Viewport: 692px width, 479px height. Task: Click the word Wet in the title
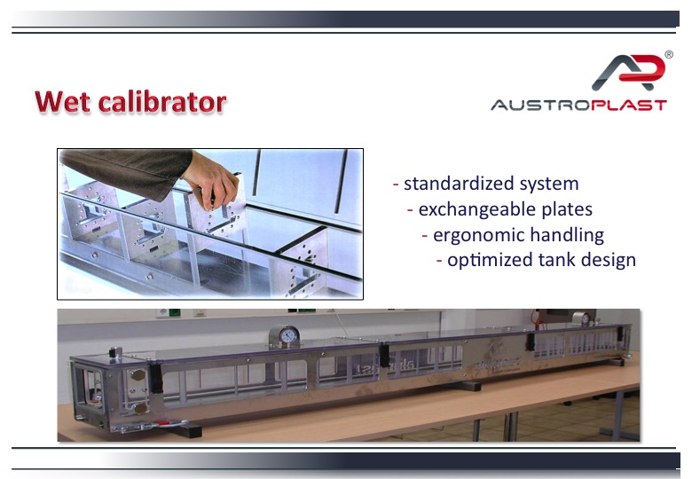[x=62, y=101]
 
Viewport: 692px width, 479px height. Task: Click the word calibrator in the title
[x=162, y=101]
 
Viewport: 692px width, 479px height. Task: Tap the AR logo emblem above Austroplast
[x=628, y=72]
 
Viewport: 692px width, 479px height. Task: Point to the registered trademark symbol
[x=669, y=54]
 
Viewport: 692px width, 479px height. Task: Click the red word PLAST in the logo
[x=629, y=105]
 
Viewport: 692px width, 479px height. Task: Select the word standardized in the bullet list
[x=459, y=184]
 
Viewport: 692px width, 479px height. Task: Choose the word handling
[x=567, y=235]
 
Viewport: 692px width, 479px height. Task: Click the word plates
[x=567, y=209]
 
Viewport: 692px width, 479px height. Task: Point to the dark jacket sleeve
[x=128, y=169]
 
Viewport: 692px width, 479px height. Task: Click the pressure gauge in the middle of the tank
[x=285, y=337]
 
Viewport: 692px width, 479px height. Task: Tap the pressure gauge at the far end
[x=581, y=319]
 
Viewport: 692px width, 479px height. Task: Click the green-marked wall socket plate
[x=174, y=313]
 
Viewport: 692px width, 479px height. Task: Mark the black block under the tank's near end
[x=188, y=429]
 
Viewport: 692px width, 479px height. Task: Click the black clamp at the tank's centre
[x=384, y=355]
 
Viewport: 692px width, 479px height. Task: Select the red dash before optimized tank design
[x=439, y=261]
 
